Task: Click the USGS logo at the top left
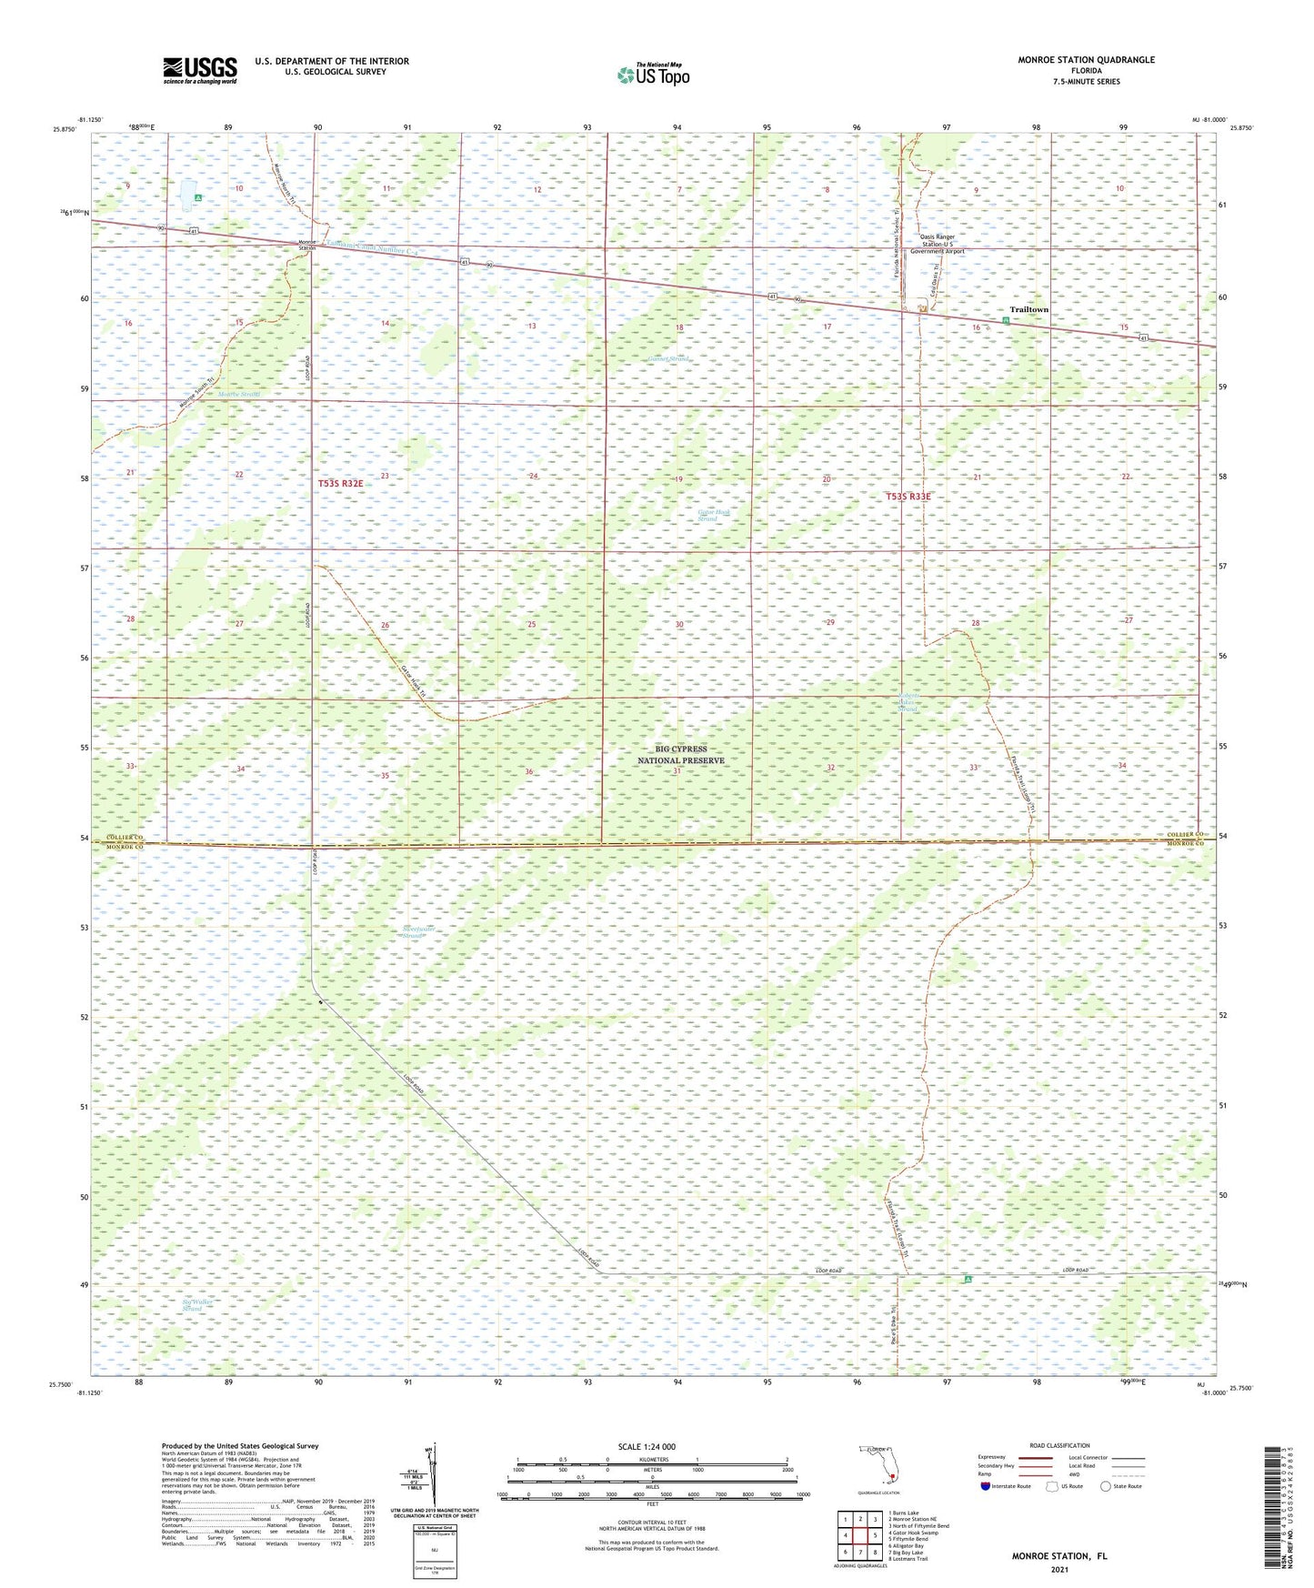pos(200,69)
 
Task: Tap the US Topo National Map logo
pos(651,75)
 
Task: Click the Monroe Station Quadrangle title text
pos(1073,60)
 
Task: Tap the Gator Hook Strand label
pos(714,515)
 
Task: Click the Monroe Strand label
pos(238,395)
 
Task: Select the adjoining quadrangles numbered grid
pos(859,1537)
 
